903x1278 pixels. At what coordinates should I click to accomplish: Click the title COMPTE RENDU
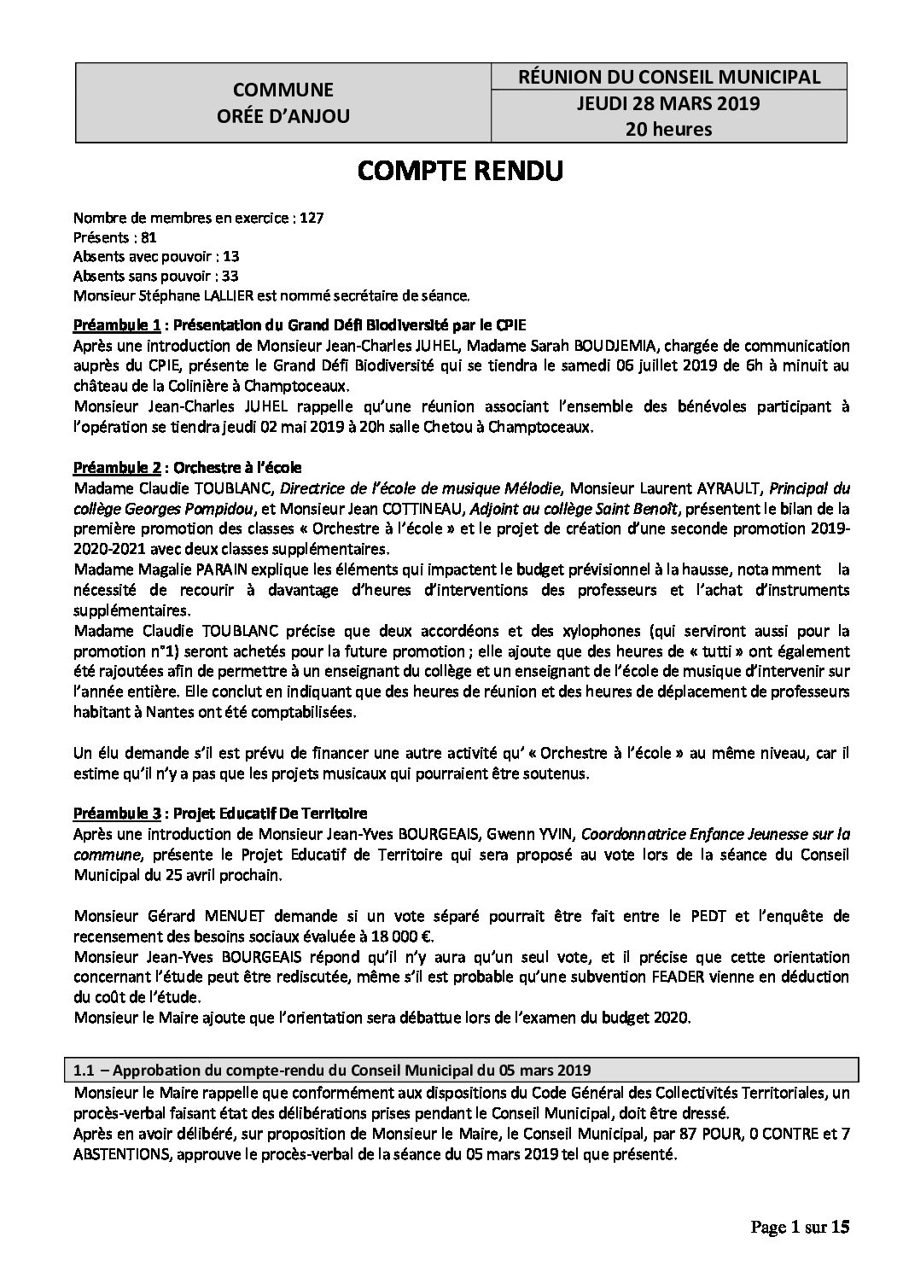[x=460, y=171]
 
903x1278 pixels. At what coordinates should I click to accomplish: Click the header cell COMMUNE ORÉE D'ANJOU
[x=283, y=102]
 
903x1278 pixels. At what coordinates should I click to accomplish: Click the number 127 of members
[x=312, y=219]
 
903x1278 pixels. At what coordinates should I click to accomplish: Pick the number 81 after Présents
[x=149, y=237]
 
